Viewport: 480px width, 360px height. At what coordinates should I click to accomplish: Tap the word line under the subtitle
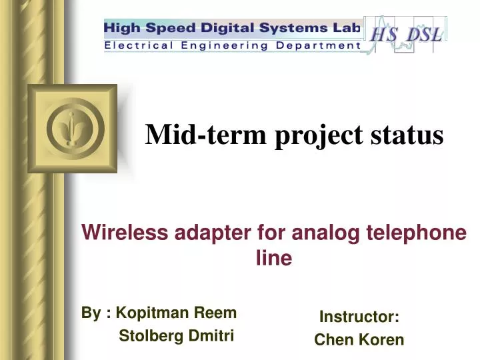(274, 259)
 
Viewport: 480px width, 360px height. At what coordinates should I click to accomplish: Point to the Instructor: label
(359, 316)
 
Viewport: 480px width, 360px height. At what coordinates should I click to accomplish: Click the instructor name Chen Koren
(359, 340)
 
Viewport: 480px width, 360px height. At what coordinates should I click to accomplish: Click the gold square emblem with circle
(72, 128)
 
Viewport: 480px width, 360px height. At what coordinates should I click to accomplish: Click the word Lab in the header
(345, 29)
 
